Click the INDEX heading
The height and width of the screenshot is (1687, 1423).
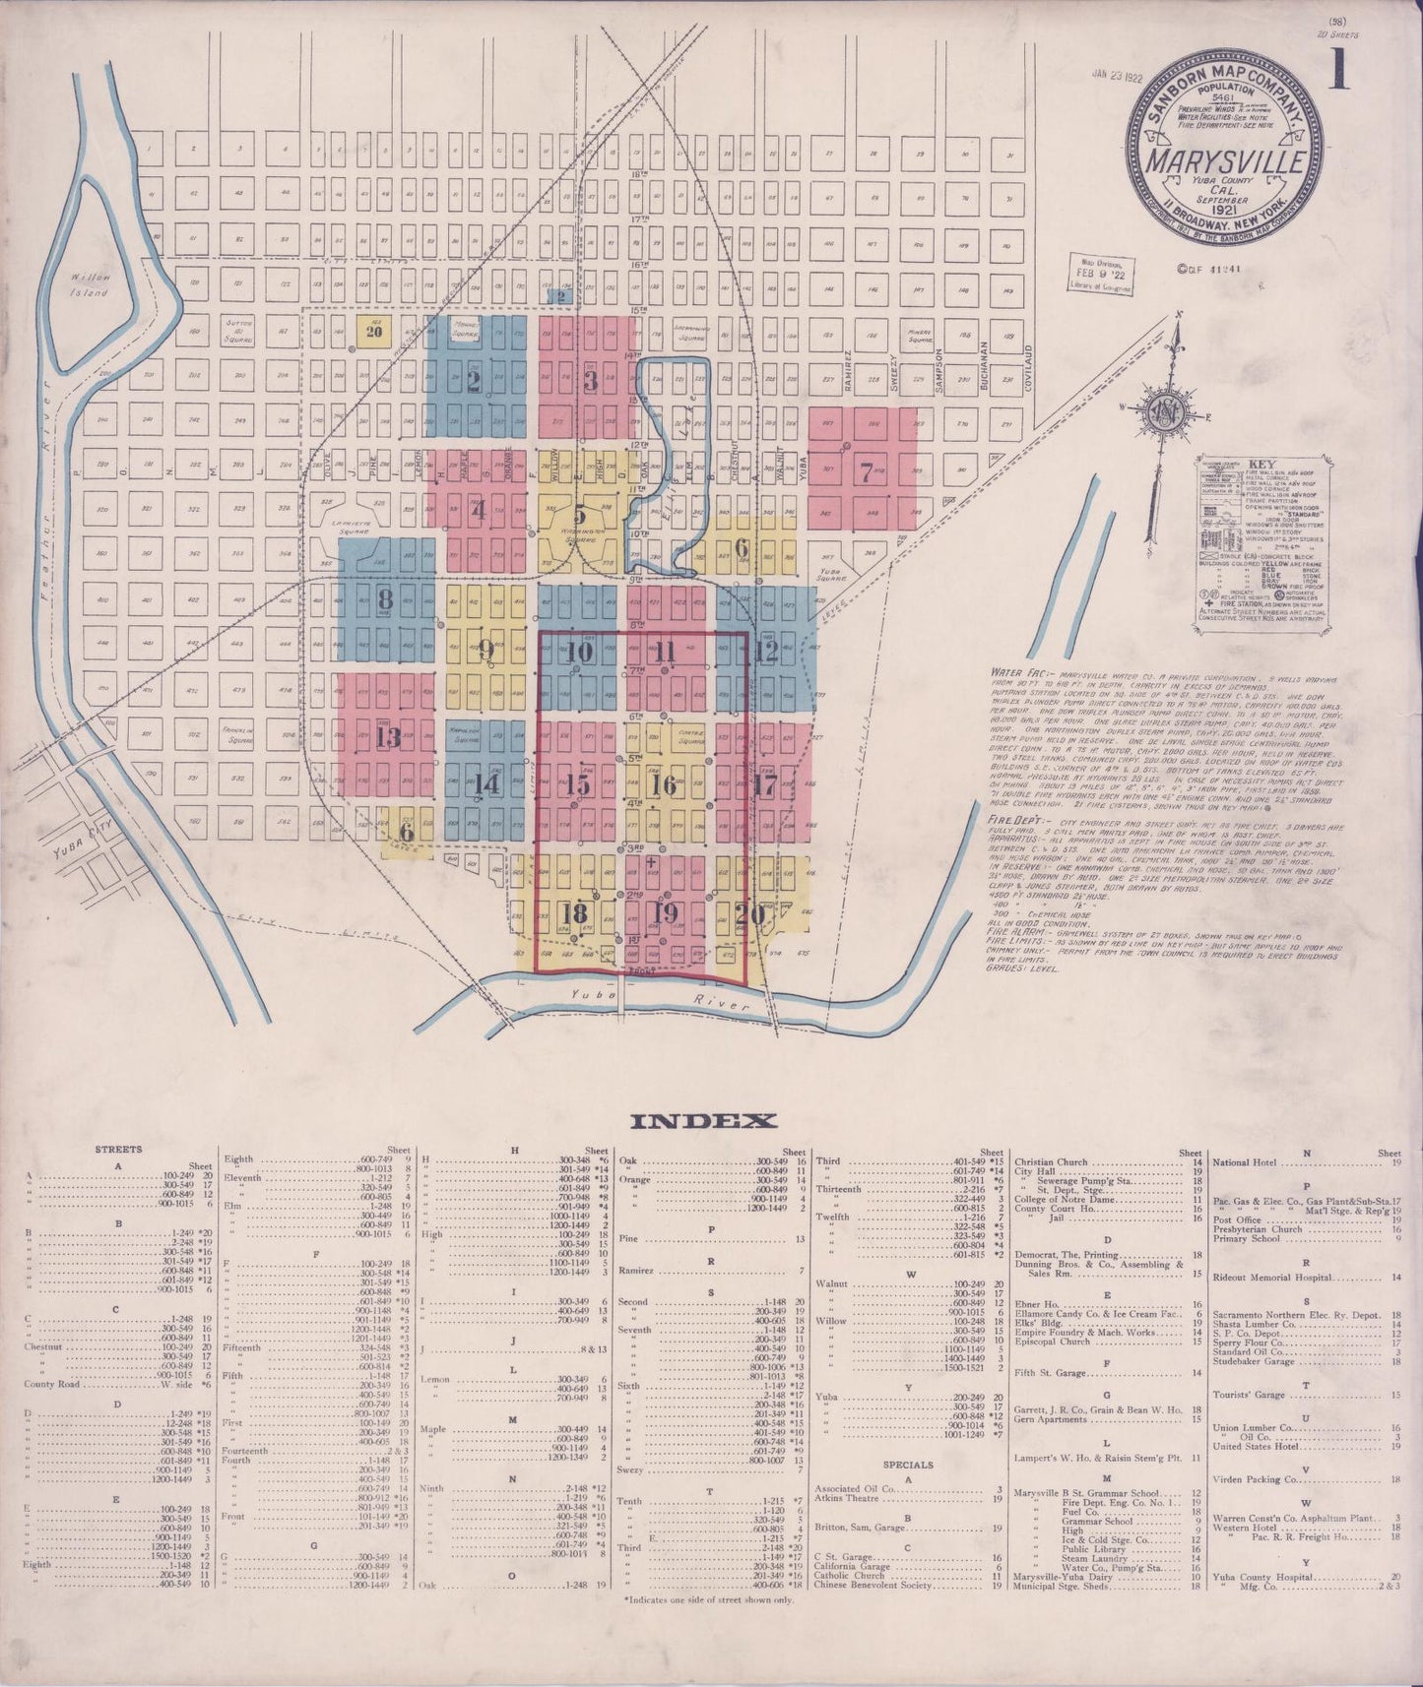click(x=703, y=1121)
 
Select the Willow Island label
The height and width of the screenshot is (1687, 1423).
click(x=90, y=284)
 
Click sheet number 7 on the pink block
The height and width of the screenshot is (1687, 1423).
click(x=866, y=472)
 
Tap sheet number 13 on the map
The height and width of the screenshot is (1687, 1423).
click(x=387, y=737)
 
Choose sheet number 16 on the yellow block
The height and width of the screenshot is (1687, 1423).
click(x=665, y=784)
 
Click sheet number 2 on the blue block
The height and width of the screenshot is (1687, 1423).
click(x=474, y=379)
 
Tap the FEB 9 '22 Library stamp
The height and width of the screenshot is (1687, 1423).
click(x=1100, y=273)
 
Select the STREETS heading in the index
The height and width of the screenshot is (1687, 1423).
click(x=118, y=1149)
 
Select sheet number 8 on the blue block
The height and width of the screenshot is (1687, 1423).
click(x=385, y=597)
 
